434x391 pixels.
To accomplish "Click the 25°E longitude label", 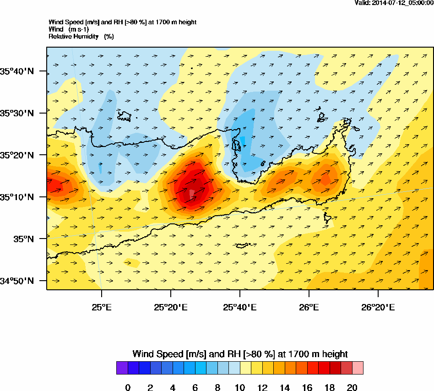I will coord(102,306).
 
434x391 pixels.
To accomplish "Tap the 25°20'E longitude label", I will coord(170,306).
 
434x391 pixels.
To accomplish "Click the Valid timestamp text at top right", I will coord(394,3).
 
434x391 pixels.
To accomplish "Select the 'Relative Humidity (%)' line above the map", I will coord(81,36).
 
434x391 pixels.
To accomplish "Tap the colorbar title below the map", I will coord(240,354).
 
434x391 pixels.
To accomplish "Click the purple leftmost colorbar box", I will coord(122,368).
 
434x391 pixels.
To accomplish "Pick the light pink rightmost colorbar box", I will coord(358,368).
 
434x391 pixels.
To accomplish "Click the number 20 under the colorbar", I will coord(352,388).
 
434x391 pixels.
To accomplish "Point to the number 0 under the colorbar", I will coord(128,388).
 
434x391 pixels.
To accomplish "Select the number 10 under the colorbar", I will coord(240,388).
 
